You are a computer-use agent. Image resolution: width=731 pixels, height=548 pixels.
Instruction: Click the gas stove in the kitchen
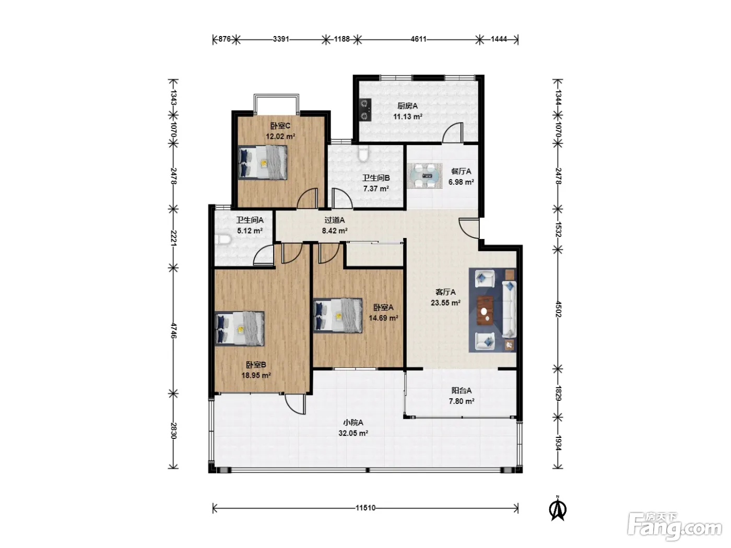pyautogui.click(x=365, y=109)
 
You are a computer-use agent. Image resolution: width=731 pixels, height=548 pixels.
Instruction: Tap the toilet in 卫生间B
pyautogui.click(x=363, y=152)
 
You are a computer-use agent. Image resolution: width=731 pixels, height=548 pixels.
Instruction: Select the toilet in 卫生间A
pyautogui.click(x=223, y=239)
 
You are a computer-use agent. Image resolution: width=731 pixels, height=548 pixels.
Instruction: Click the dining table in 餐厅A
pyautogui.click(x=425, y=176)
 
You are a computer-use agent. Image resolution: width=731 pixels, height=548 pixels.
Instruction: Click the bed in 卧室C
pyautogui.click(x=263, y=162)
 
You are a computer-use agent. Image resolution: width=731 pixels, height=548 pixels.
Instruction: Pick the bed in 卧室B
pyautogui.click(x=240, y=328)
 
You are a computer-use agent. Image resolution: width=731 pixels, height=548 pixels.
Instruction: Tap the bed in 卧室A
pyautogui.click(x=338, y=315)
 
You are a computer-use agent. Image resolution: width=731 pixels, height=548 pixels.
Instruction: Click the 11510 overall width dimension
pyautogui.click(x=365, y=508)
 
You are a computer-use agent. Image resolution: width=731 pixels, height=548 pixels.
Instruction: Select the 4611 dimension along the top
pyautogui.click(x=418, y=39)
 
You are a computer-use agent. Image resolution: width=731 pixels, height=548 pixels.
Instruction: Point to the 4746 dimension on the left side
pyautogui.click(x=173, y=330)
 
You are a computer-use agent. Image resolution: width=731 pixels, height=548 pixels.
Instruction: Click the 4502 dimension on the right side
pyautogui.click(x=558, y=309)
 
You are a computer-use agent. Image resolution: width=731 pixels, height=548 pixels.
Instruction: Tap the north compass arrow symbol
pyautogui.click(x=558, y=508)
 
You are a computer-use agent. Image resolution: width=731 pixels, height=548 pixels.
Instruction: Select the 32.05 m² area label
pyautogui.click(x=353, y=433)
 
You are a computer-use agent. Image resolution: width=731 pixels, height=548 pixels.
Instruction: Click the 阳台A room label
pyautogui.click(x=461, y=390)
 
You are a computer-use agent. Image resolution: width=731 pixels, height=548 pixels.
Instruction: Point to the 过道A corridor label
pyautogui.click(x=334, y=220)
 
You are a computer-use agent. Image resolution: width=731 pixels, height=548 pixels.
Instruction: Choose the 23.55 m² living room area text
pyautogui.click(x=445, y=303)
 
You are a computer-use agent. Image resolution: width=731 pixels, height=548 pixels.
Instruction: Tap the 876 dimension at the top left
pyautogui.click(x=224, y=39)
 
